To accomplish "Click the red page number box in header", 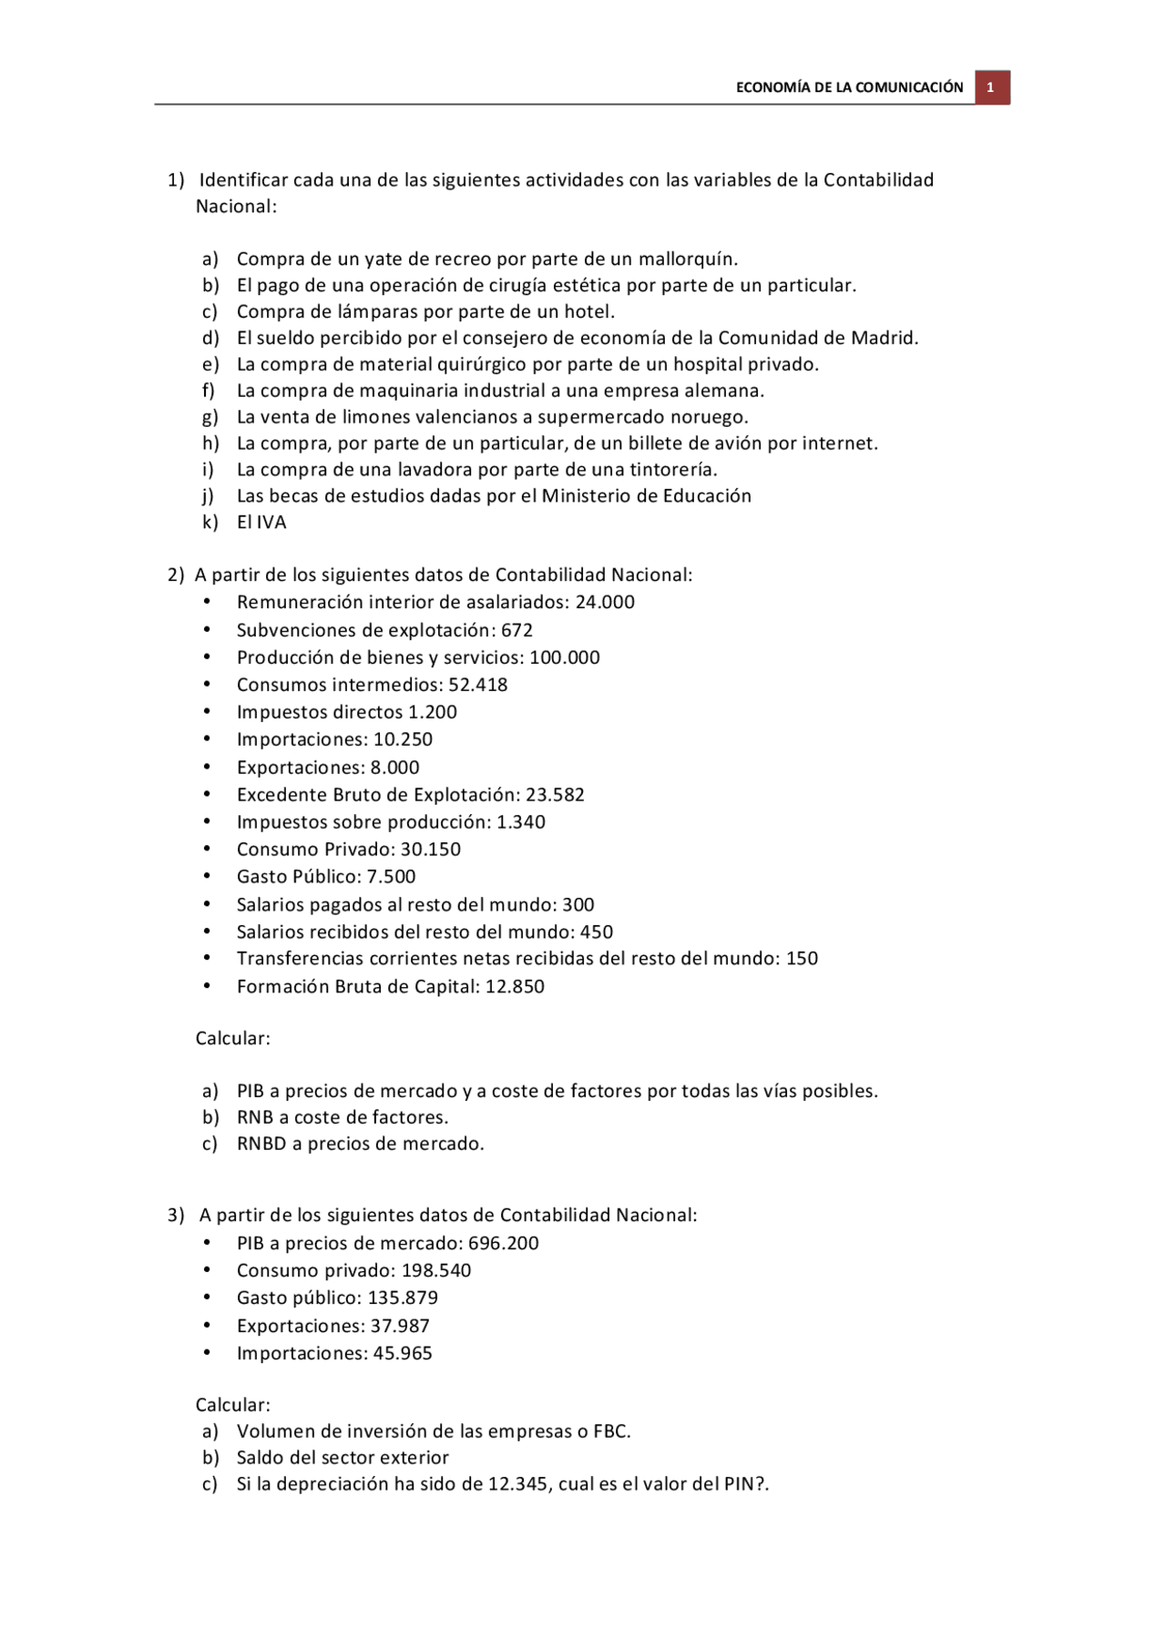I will [991, 87].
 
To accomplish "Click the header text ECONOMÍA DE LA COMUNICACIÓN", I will [849, 87].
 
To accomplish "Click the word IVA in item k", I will [271, 523].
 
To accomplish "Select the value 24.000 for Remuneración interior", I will [605, 602].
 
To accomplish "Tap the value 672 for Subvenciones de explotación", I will [517, 630].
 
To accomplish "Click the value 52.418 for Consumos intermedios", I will [477, 685].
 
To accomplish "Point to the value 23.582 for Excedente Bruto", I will [555, 795].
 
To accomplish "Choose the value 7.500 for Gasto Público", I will [391, 877].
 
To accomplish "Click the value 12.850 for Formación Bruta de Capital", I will [515, 987].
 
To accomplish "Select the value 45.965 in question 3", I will [403, 1354].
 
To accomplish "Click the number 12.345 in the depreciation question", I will [519, 1484].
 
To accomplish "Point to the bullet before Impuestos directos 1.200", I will [207, 712].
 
